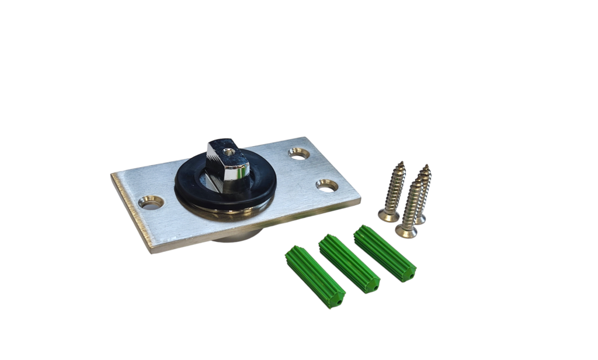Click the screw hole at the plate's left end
(151, 202)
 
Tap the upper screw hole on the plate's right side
(299, 153)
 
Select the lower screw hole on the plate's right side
(326, 185)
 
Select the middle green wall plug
(349, 264)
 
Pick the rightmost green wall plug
(384, 253)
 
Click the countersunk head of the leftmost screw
(388, 215)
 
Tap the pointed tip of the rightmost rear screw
(427, 166)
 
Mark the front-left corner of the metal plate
(151, 251)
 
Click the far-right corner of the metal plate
(360, 200)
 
